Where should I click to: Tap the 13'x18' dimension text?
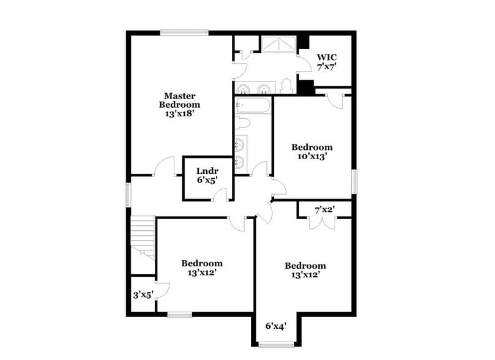click(x=180, y=113)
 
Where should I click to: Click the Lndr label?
click(x=204, y=171)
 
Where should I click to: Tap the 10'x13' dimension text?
click(x=312, y=156)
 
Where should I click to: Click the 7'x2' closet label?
click(x=324, y=210)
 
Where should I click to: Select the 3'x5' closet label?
click(x=143, y=294)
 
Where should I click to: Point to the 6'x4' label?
click(x=277, y=326)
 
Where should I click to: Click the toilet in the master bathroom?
click(x=286, y=86)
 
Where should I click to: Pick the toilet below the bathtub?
click(x=242, y=123)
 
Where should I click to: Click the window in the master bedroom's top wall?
click(x=184, y=32)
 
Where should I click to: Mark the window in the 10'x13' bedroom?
click(x=354, y=182)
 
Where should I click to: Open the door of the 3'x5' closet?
click(x=161, y=290)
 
